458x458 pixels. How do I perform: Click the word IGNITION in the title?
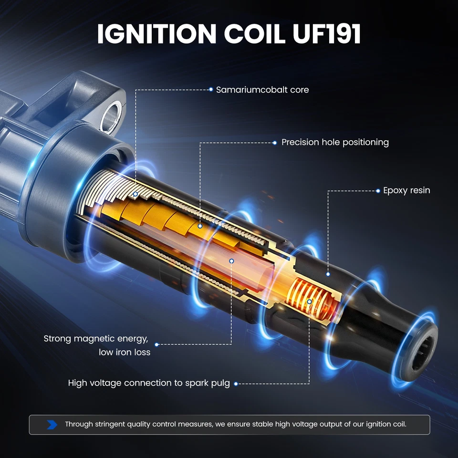(x=157, y=34)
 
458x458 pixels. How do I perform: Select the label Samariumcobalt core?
(x=262, y=90)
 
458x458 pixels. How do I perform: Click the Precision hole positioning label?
(x=335, y=142)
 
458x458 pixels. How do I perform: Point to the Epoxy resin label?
(x=406, y=190)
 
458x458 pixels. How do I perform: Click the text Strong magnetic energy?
(x=96, y=339)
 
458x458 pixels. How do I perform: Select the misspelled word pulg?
(x=220, y=383)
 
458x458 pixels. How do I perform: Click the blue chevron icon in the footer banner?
(x=52, y=424)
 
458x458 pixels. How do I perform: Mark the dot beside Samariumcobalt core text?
(x=211, y=90)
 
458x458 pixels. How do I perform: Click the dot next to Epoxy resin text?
(x=378, y=191)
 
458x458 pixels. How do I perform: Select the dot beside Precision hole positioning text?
(x=274, y=143)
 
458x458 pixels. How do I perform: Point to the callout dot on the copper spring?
(x=310, y=302)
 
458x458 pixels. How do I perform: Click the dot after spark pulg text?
(x=235, y=384)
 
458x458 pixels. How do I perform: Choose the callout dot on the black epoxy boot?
(x=328, y=274)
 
